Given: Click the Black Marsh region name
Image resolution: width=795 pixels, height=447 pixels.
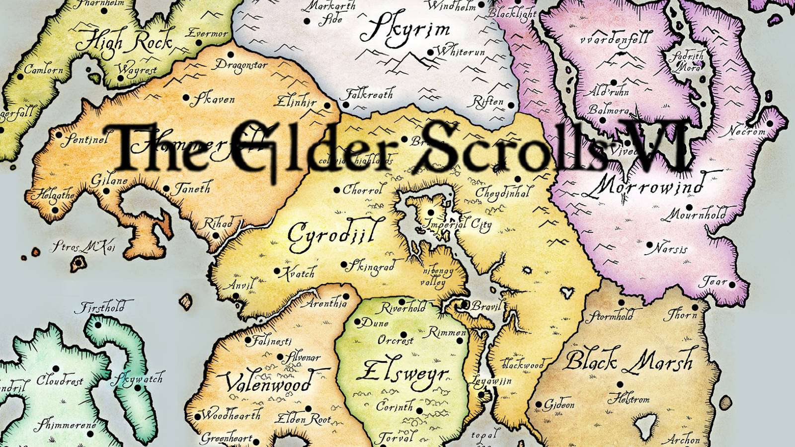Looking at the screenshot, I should (x=629, y=361).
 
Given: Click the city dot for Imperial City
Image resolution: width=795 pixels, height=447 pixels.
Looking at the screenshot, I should (x=430, y=213).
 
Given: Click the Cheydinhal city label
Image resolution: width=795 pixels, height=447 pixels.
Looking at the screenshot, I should (x=502, y=192).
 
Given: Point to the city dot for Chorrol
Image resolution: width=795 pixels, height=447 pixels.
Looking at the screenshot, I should (x=337, y=190).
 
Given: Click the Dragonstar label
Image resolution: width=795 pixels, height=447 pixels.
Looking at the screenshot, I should (x=241, y=65).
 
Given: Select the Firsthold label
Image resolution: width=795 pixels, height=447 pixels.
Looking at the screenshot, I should (x=100, y=308).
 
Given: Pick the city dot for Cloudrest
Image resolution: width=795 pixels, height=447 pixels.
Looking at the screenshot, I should (x=56, y=369).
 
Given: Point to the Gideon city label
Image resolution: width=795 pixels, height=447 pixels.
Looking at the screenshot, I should (x=558, y=405).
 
